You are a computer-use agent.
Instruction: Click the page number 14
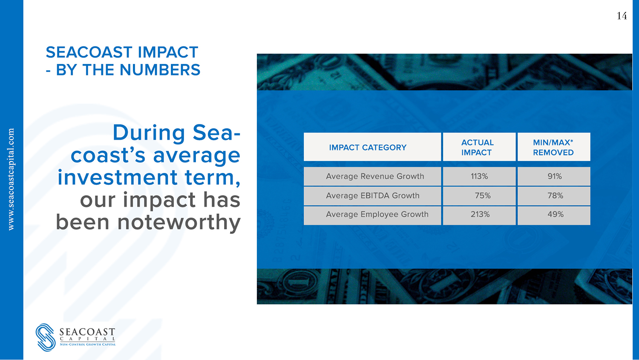point(622,16)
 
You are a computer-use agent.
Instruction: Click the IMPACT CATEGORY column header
point(368,147)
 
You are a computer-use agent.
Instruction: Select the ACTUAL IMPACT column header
point(477,147)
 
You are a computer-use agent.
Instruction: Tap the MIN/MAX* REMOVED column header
point(553,147)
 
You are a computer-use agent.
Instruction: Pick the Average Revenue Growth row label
point(375,176)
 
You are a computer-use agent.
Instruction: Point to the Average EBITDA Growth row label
point(373,196)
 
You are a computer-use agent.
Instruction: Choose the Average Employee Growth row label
point(377,214)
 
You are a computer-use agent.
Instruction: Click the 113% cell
point(479,176)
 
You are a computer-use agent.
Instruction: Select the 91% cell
point(555,176)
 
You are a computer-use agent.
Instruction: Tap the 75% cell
point(483,196)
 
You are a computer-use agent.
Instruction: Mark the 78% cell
point(555,196)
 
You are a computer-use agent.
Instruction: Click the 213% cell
point(480,214)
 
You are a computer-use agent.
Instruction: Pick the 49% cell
point(556,214)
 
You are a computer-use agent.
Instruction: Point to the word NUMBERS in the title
point(160,70)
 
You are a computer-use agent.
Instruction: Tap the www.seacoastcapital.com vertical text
point(11,179)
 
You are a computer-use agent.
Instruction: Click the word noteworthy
point(179,223)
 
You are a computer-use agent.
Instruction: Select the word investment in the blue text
point(118,177)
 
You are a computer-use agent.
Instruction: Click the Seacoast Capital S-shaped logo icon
point(45,337)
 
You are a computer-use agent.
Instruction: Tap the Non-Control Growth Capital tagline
point(88,344)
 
